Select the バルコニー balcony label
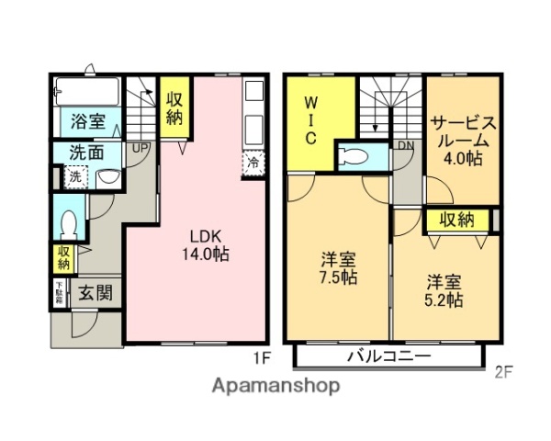pyautogui.click(x=389, y=356)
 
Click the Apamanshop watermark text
pyautogui.click(x=275, y=385)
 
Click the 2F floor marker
pyautogui.click(x=503, y=372)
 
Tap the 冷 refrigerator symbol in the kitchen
pyautogui.click(x=253, y=163)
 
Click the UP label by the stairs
pyautogui.click(x=141, y=148)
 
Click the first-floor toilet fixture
pyautogui.click(x=68, y=222)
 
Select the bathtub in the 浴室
pyautogui.click(x=87, y=92)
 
